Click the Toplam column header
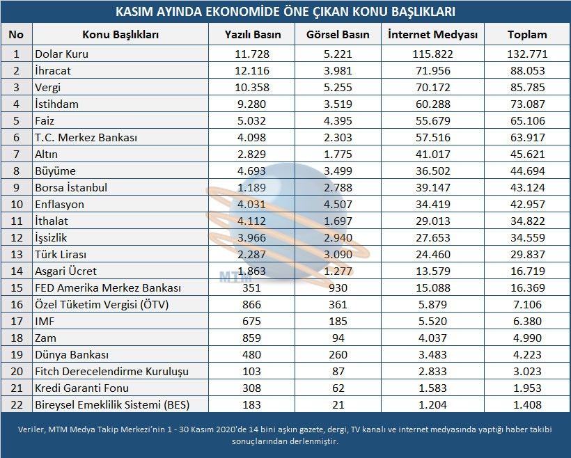[x=527, y=34]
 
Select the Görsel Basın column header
[x=338, y=34]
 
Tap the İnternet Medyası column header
[x=432, y=34]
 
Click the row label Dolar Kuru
[x=61, y=54]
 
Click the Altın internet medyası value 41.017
[x=432, y=154]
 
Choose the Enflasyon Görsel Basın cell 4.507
[x=338, y=204]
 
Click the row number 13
[x=17, y=254]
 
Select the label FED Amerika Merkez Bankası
[x=108, y=287]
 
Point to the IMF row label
[x=44, y=321]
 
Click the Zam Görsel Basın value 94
[x=338, y=338]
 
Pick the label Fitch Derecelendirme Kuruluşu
[x=111, y=371]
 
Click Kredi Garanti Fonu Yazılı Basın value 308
[x=253, y=388]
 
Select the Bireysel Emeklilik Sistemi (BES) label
[x=111, y=404]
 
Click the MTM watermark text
[x=230, y=276]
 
